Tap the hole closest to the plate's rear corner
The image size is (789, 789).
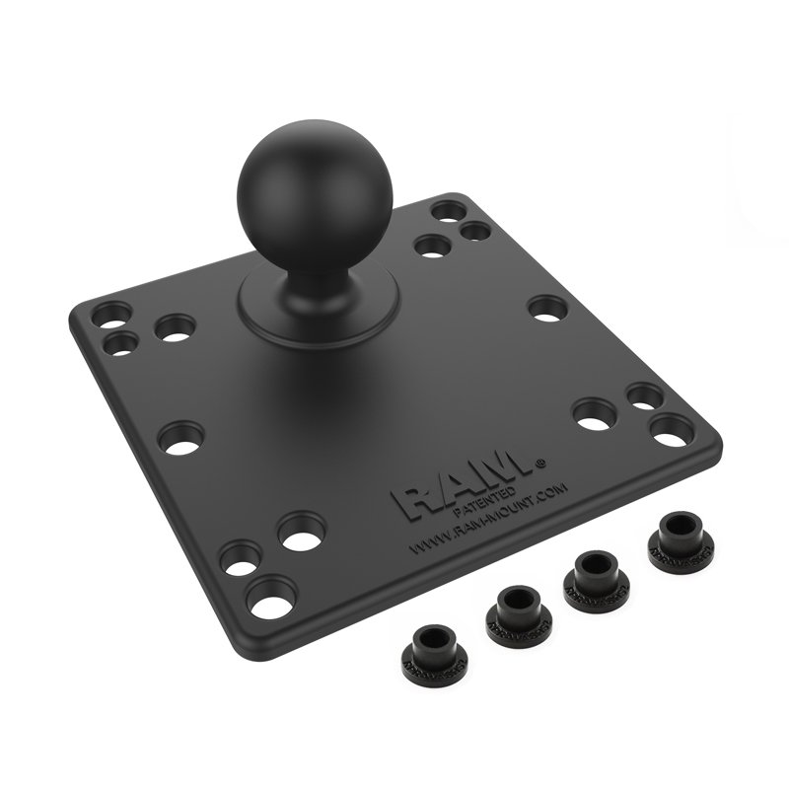point(449,211)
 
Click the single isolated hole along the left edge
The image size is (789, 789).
point(180,437)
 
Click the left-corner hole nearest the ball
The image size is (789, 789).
point(176,327)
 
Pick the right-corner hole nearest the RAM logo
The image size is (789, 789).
point(594,413)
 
